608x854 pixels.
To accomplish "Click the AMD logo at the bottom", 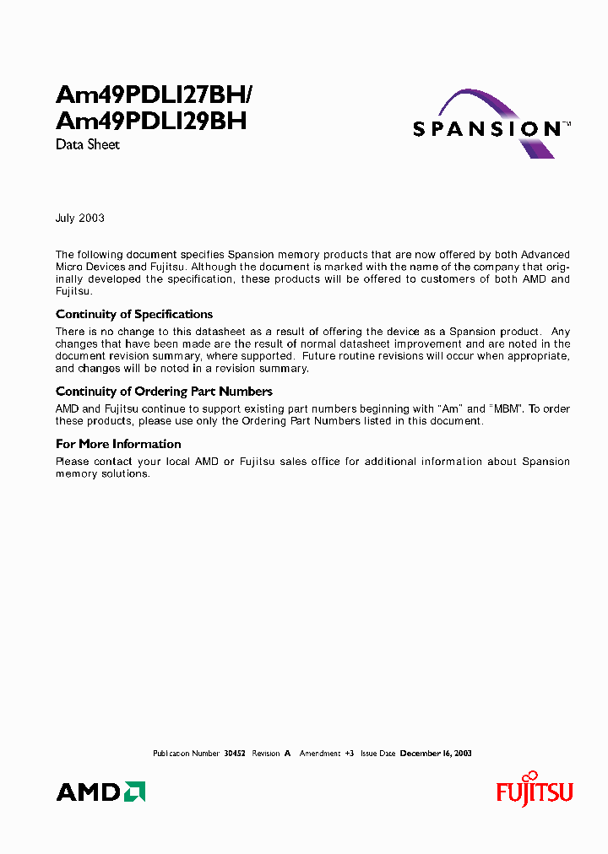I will (100, 792).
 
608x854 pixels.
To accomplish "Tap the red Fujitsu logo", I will (534, 791).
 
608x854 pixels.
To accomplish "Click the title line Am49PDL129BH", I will (151, 121).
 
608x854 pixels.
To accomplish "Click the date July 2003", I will (80, 218).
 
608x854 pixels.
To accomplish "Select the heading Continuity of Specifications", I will (134, 315).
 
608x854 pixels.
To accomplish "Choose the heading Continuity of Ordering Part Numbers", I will (164, 392).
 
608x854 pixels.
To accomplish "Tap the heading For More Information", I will (118, 444).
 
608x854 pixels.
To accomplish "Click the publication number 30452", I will (234, 753).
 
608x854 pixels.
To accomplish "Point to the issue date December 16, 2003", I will (436, 753).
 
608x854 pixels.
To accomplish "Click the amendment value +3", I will (348, 753).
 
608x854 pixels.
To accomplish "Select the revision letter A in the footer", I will (287, 753).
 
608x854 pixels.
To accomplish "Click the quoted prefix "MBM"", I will (506, 409).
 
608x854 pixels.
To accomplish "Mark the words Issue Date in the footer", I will (377, 753).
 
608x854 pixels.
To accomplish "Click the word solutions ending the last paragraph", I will (127, 473).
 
